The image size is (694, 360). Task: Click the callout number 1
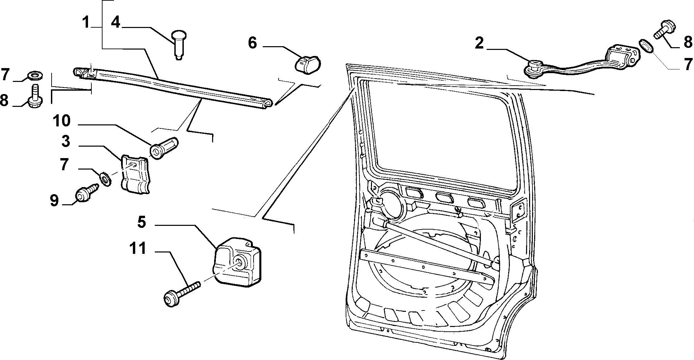coord(86,23)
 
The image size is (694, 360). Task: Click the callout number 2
coord(479,43)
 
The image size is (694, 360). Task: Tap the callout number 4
coord(115,23)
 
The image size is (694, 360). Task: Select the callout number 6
coord(253,43)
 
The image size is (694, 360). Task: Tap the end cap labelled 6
coord(308,64)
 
